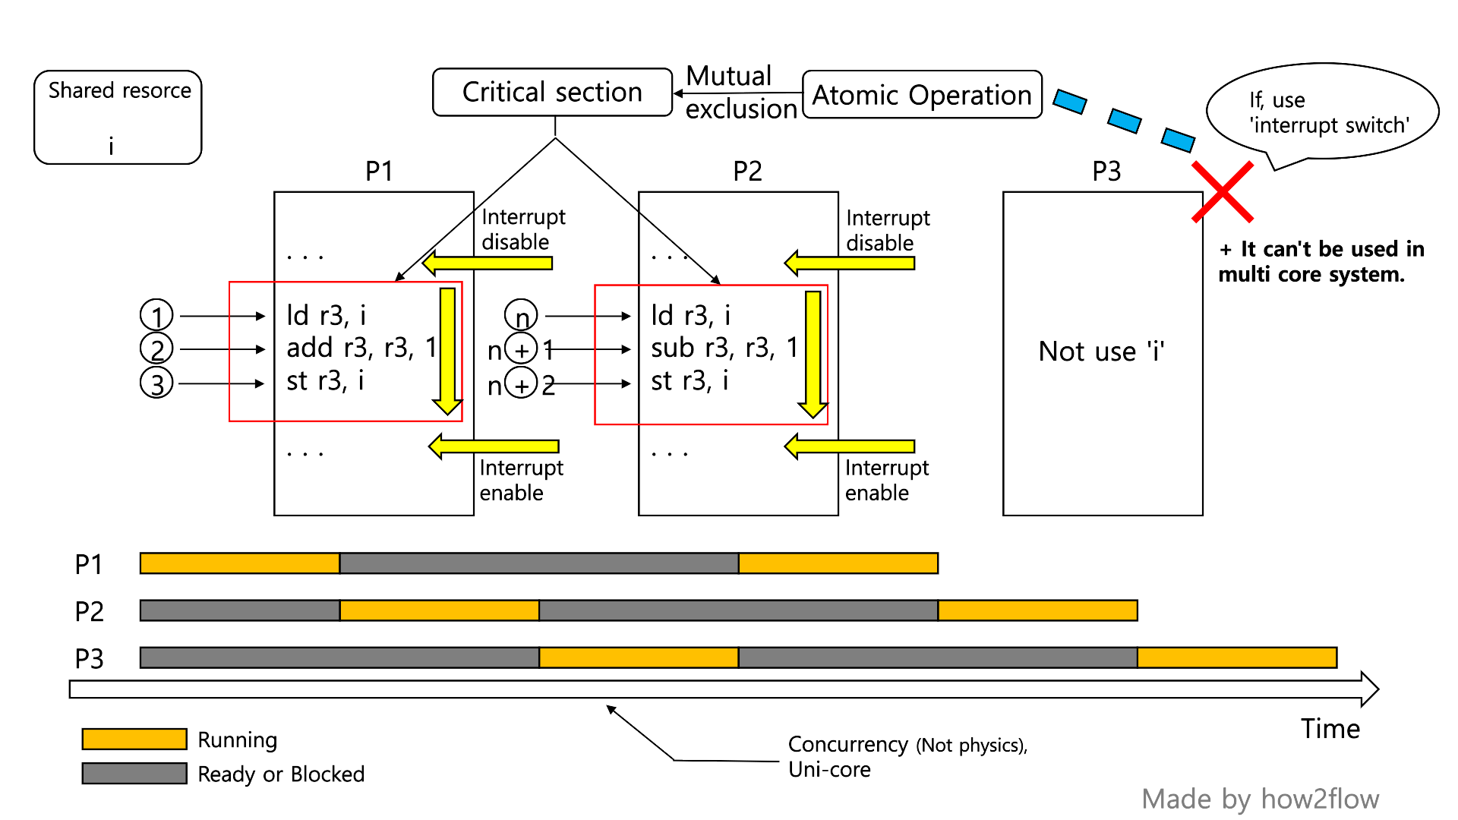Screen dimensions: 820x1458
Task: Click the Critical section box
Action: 552,92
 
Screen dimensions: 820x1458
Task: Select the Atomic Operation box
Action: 922,95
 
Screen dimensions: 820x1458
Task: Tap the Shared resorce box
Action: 118,116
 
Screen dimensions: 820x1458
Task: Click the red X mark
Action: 1222,192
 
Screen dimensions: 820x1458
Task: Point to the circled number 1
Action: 156,315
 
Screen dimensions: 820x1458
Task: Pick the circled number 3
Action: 156,383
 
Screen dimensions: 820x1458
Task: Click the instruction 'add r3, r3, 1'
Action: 361,348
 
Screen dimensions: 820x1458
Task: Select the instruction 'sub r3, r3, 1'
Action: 724,348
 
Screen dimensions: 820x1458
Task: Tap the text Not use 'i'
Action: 1101,352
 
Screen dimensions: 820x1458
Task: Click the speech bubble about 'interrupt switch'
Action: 1322,112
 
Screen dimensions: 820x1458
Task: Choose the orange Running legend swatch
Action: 134,739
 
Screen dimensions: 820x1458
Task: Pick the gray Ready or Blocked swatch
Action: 134,773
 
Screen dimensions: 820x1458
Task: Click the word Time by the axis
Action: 1330,729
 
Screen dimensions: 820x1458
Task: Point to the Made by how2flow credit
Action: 1260,799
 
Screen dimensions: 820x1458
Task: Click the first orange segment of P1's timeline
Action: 239,563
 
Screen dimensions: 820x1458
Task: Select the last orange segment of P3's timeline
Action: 1236,658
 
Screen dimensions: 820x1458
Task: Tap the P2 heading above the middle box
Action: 747,172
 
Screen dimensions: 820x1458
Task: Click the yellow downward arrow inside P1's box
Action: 447,349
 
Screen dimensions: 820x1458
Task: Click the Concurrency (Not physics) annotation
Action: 907,745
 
